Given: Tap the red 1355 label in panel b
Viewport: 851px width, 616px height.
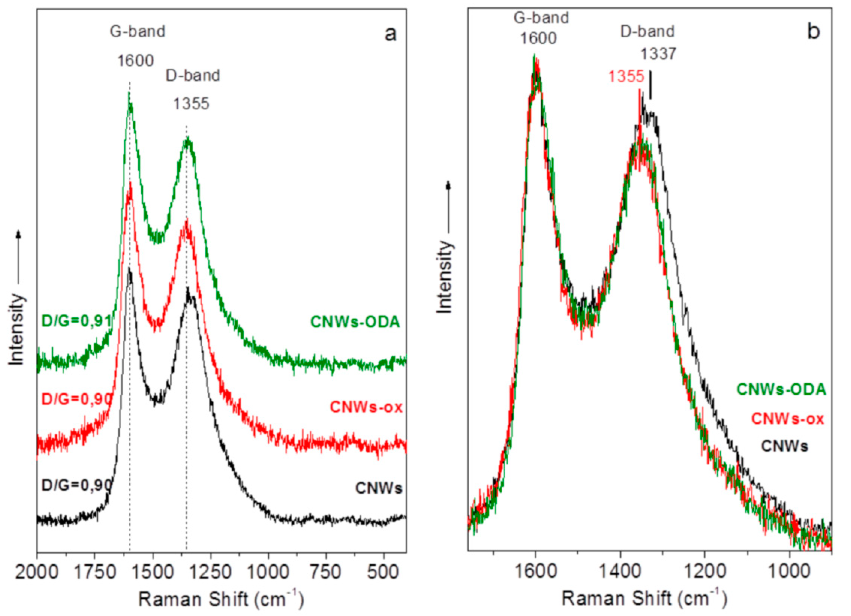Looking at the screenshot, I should click(626, 76).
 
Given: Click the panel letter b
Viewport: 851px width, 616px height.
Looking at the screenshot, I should click(813, 32).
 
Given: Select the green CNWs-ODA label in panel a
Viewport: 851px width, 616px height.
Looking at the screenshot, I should click(355, 322).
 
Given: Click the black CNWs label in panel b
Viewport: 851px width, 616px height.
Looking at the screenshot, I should click(784, 446).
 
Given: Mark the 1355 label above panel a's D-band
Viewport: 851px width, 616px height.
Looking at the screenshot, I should click(191, 103).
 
